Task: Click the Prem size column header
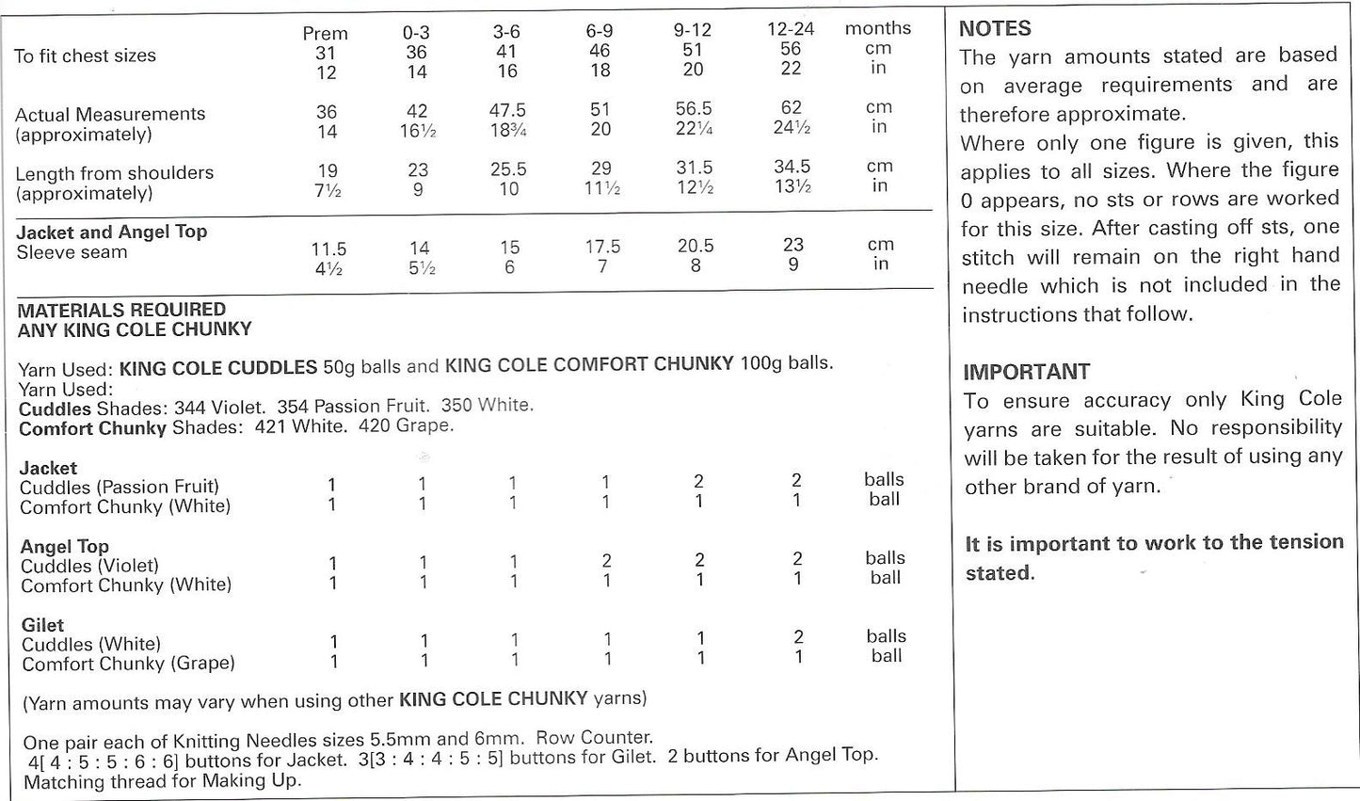tap(325, 34)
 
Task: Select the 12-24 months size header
tap(791, 29)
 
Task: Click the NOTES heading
tap(995, 28)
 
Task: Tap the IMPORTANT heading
tap(1026, 372)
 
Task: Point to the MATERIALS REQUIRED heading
tap(121, 310)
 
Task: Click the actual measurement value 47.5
tap(507, 111)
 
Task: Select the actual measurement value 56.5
tap(694, 109)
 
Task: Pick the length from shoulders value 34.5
tap(792, 167)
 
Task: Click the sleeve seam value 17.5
tap(602, 247)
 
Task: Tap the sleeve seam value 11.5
tap(328, 249)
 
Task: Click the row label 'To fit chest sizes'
tap(85, 56)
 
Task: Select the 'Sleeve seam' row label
tap(72, 252)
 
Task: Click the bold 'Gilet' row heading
tap(42, 625)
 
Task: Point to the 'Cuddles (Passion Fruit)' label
tap(120, 487)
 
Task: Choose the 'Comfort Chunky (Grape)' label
tap(128, 664)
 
